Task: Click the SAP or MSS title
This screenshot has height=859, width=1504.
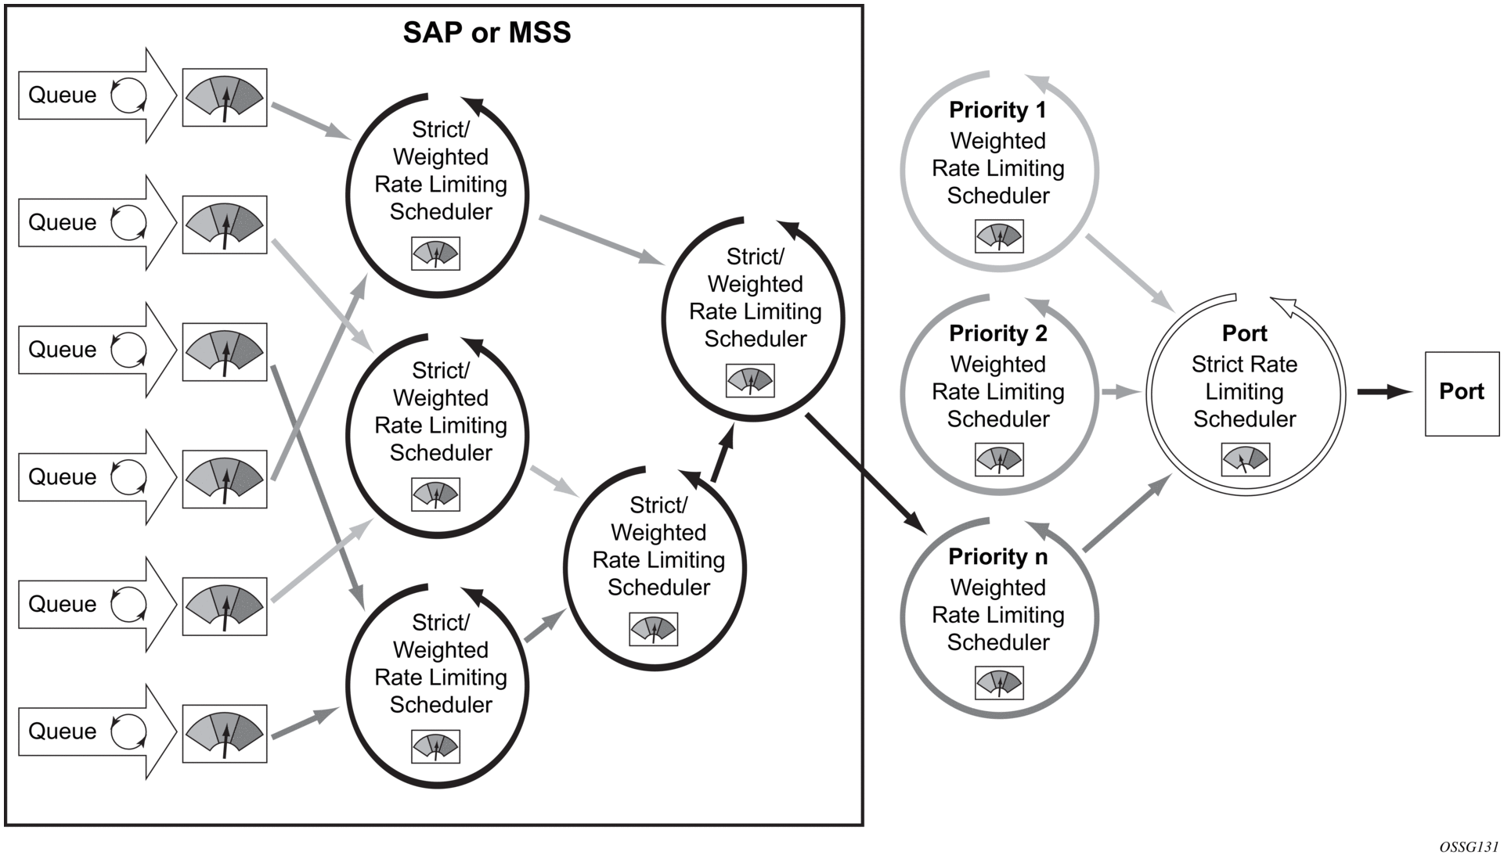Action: (x=486, y=33)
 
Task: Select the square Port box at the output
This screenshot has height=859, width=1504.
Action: (x=1461, y=393)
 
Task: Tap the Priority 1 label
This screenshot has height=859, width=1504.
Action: (x=997, y=110)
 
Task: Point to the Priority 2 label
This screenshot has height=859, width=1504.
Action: (x=997, y=334)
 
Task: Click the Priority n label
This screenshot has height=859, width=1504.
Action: (x=997, y=557)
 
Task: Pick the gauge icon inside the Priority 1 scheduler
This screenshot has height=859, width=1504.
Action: (x=999, y=235)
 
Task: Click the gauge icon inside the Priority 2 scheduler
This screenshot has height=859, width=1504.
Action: (x=999, y=459)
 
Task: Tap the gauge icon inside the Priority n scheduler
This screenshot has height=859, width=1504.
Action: (x=999, y=683)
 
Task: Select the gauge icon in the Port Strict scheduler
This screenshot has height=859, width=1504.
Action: (x=1245, y=459)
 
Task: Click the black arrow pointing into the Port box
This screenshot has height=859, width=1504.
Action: (x=1383, y=392)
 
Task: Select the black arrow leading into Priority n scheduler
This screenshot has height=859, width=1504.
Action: (x=865, y=473)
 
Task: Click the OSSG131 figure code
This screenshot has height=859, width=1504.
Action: (x=1468, y=847)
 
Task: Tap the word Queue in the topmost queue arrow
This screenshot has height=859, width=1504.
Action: (x=63, y=95)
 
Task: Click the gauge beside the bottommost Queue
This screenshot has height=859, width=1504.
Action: (x=225, y=734)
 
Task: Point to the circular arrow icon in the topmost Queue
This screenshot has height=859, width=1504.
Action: (x=128, y=95)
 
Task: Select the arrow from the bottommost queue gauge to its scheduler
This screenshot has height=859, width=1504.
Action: (x=304, y=723)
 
